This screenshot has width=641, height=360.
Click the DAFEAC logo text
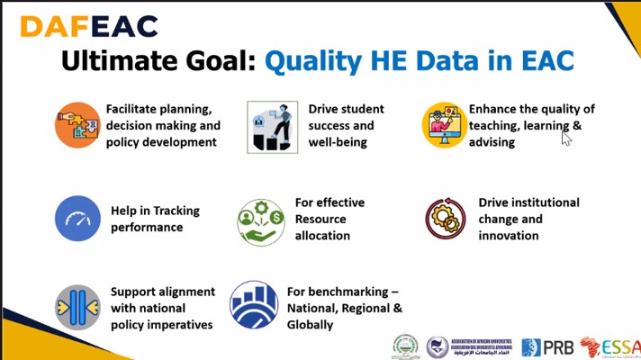(88, 25)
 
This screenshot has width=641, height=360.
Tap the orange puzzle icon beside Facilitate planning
(77, 125)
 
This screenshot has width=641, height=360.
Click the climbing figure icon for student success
(272, 126)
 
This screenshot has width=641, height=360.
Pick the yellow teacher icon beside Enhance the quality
(443, 125)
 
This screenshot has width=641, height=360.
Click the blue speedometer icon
(77, 219)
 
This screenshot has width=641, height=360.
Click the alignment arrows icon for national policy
(77, 306)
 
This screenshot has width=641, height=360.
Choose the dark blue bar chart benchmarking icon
(254, 304)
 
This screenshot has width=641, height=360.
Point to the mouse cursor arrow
(566, 138)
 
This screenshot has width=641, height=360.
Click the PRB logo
(546, 346)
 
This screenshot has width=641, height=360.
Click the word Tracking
(180, 211)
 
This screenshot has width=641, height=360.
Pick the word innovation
(509, 235)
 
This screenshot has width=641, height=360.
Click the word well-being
(338, 141)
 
